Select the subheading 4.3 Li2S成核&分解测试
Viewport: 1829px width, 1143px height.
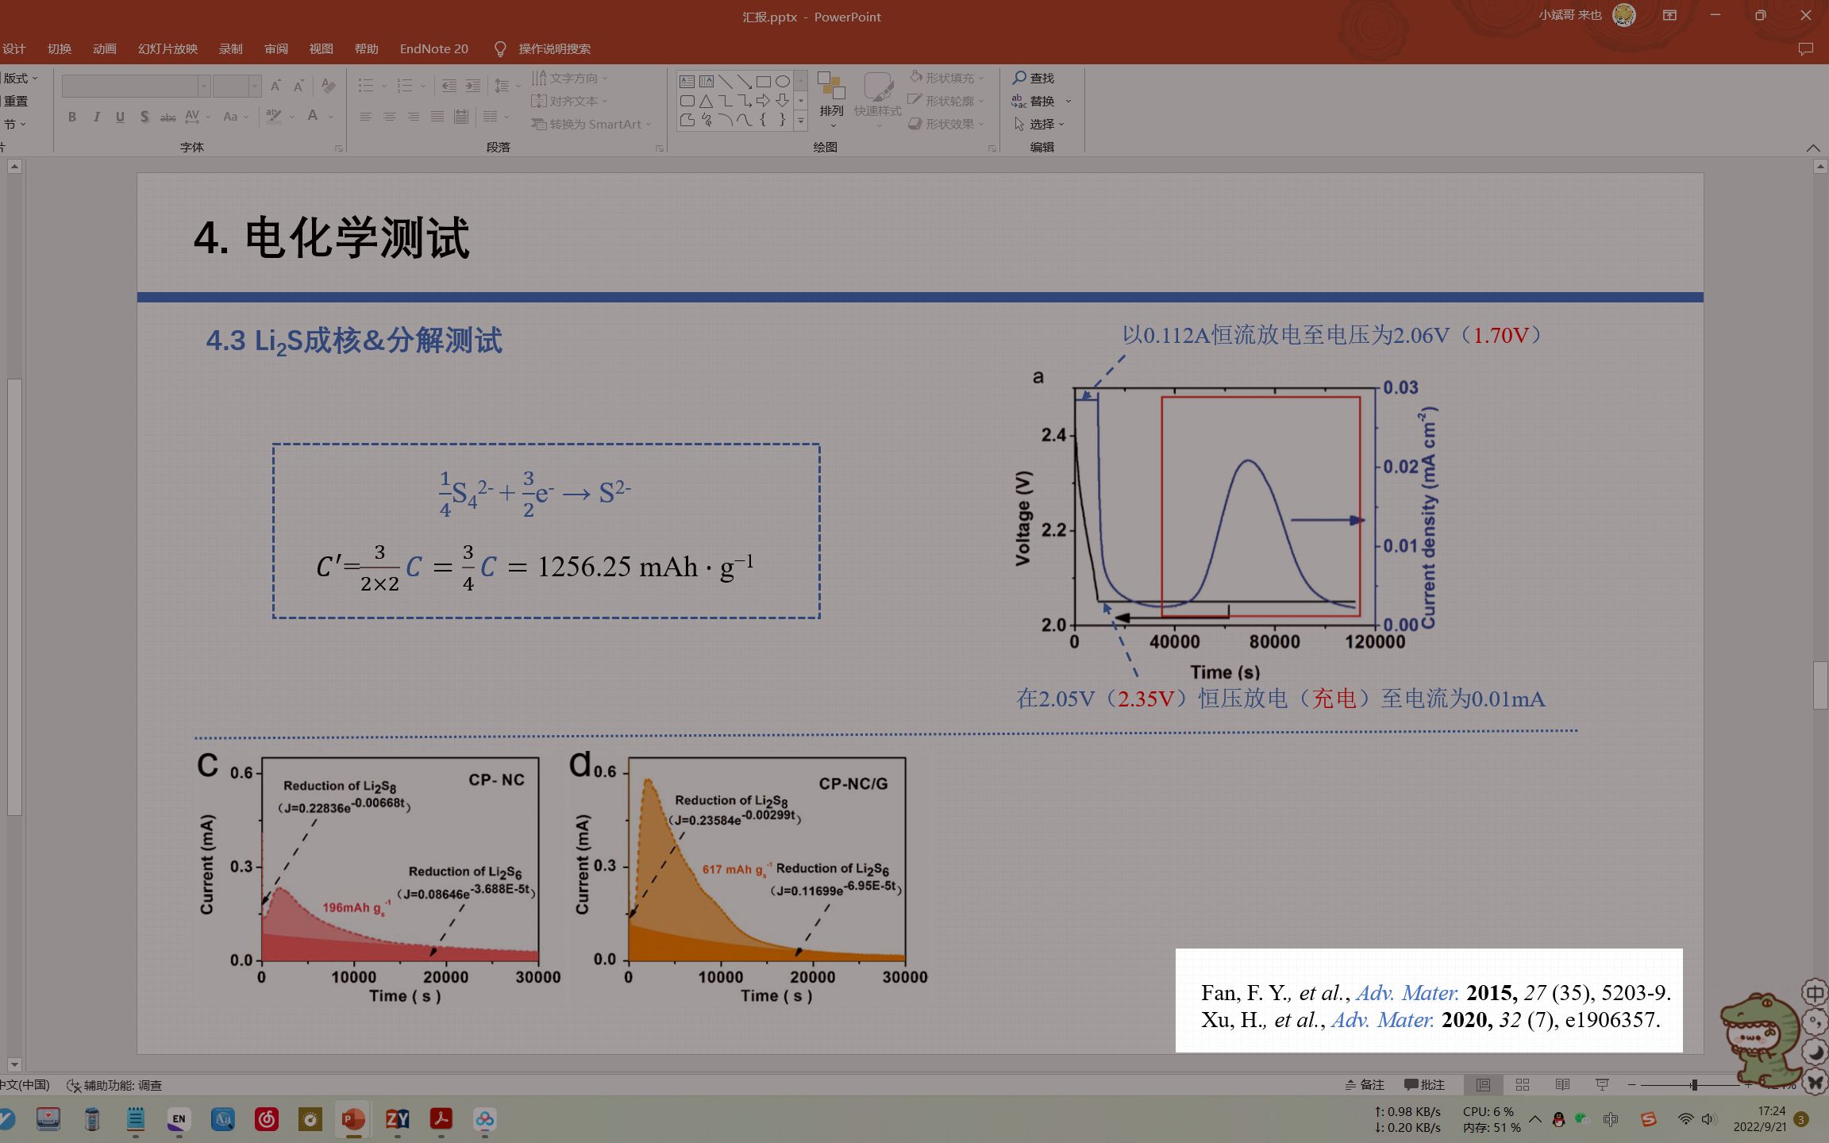(354, 341)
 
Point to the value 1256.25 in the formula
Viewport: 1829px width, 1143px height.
(583, 567)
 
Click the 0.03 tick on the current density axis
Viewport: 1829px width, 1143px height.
(1400, 387)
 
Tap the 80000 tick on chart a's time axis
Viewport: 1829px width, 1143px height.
(1275, 641)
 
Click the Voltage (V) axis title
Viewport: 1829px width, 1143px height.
(1022, 518)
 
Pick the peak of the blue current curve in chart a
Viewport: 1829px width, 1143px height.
(1249, 460)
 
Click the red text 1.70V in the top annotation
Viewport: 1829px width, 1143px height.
(1500, 335)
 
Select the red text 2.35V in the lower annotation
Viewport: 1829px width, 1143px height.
(1146, 699)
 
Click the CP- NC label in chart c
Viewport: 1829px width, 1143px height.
(496, 780)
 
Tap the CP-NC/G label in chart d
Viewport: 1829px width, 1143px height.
(853, 783)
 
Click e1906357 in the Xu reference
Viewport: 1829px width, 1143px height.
(1612, 1020)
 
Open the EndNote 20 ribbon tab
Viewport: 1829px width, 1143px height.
(433, 49)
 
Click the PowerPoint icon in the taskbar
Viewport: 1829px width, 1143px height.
(352, 1119)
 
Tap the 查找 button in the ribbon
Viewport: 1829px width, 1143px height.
(1034, 78)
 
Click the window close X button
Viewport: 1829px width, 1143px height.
(1805, 16)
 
